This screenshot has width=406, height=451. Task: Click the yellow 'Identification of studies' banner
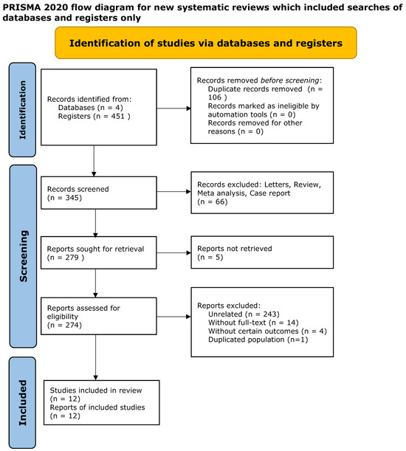(x=206, y=43)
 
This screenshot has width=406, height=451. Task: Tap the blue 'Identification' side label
(x=22, y=109)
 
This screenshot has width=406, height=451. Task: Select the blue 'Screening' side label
(x=23, y=256)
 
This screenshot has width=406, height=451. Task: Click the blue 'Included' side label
(x=22, y=403)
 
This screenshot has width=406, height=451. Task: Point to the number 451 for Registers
(x=117, y=116)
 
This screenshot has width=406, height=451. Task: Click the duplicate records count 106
(x=215, y=97)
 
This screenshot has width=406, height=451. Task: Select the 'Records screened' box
(x=99, y=193)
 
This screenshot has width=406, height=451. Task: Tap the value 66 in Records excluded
(x=219, y=202)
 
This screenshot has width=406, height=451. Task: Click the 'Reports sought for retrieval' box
(x=99, y=253)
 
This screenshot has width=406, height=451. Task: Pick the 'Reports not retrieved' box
(x=262, y=252)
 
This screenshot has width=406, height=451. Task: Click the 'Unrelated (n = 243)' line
(x=244, y=314)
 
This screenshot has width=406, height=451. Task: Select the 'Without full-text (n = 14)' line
(x=253, y=323)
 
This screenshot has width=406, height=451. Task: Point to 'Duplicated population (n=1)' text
(x=258, y=340)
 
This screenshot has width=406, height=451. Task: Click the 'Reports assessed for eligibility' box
(x=99, y=316)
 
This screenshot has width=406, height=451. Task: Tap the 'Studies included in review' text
(x=96, y=390)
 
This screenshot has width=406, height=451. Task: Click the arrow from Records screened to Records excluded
(x=173, y=192)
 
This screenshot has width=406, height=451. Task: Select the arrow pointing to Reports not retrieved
(x=173, y=253)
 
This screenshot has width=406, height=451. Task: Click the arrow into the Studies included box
(x=95, y=357)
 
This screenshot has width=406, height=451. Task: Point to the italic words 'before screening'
(x=290, y=80)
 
